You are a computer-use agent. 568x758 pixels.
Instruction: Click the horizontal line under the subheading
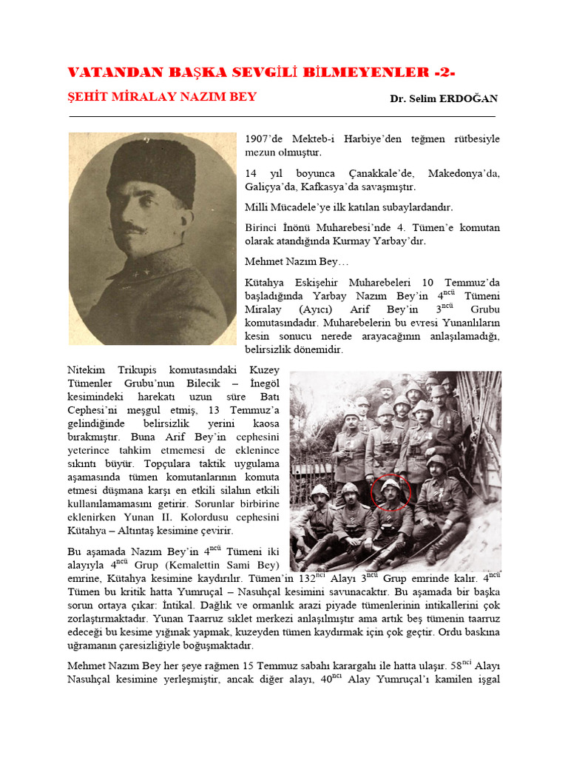(x=282, y=116)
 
